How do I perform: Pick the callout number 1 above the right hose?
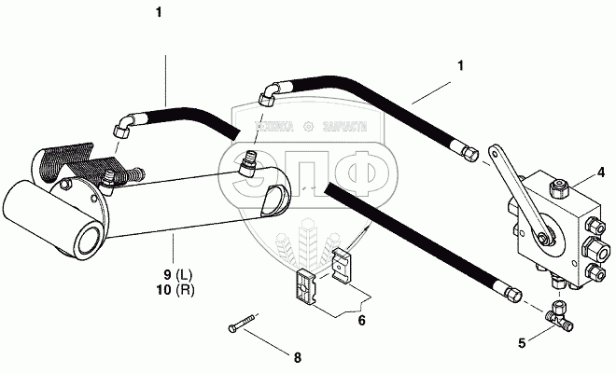point(460,65)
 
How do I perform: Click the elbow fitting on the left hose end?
point(122,127)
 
